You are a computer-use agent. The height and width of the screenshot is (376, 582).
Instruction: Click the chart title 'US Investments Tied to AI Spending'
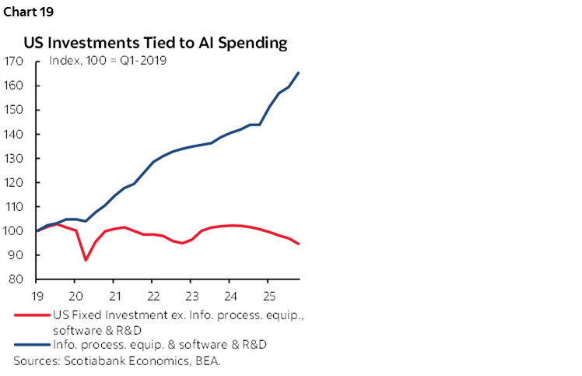pyautogui.click(x=156, y=43)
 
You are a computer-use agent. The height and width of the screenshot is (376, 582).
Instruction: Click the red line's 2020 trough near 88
pyautogui.click(x=85, y=260)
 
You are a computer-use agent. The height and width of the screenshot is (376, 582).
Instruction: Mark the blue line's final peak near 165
pyautogui.click(x=300, y=72)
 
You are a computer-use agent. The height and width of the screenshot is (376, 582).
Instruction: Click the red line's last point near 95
pyautogui.click(x=300, y=244)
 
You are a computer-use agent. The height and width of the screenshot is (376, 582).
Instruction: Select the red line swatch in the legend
pyautogui.click(x=30, y=315)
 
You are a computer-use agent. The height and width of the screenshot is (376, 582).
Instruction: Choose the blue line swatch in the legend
pyautogui.click(x=30, y=345)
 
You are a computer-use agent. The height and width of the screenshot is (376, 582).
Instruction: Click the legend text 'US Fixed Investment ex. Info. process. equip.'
pyautogui.click(x=171, y=315)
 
